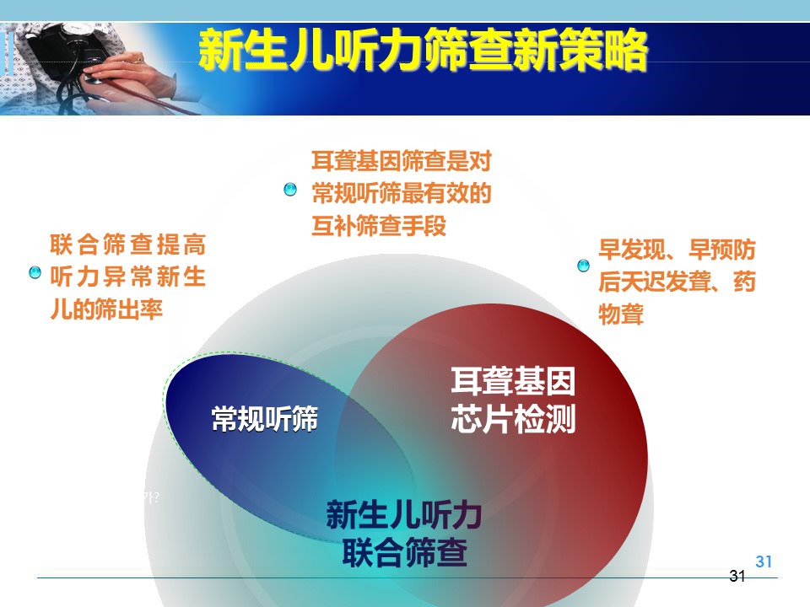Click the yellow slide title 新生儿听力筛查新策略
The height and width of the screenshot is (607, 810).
tap(423, 50)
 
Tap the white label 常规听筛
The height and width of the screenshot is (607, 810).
tap(264, 418)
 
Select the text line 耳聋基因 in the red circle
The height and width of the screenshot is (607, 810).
tap(513, 381)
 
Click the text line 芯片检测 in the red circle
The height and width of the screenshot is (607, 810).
tap(513, 419)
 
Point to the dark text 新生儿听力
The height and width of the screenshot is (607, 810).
tap(404, 514)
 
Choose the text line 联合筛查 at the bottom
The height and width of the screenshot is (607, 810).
tap(404, 551)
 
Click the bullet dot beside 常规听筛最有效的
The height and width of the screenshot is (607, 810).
tap(290, 190)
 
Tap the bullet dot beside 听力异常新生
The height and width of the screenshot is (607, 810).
tap(35, 272)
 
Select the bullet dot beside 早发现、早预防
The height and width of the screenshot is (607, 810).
tap(583, 266)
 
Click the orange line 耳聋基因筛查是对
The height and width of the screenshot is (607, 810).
tap(402, 161)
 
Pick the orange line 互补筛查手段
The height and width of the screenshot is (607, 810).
tap(379, 226)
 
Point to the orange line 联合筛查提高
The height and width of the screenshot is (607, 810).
tap(128, 244)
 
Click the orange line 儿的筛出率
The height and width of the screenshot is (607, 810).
tap(106, 309)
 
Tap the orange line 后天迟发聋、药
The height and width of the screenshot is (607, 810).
tap(677, 282)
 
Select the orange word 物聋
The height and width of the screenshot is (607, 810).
tap(621, 314)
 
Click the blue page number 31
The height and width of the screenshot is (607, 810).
tap(764, 561)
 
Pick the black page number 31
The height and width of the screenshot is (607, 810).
tap(737, 576)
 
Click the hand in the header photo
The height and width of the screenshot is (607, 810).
tap(123, 78)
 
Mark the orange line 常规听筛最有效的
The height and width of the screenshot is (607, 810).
tap(402, 194)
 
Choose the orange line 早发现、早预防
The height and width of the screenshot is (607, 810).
tap(677, 250)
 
